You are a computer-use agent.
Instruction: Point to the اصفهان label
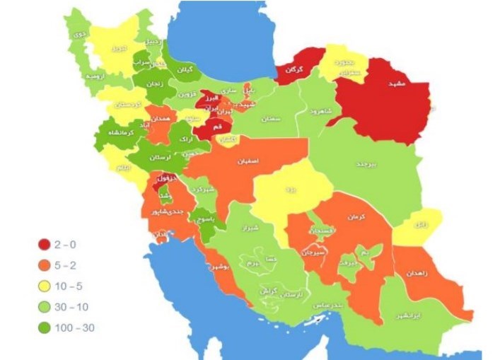(x=250, y=161)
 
